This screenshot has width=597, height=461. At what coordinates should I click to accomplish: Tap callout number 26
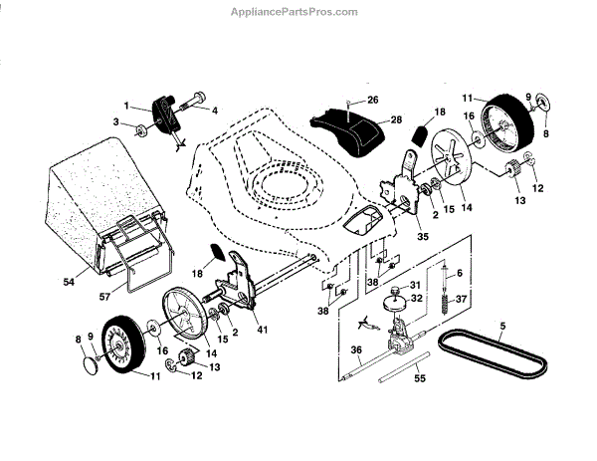[x=373, y=100]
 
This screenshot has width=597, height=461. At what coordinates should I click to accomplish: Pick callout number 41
[x=263, y=329]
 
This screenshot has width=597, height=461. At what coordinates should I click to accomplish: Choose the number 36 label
[x=356, y=349]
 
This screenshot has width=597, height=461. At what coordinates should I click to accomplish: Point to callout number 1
[x=127, y=105]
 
